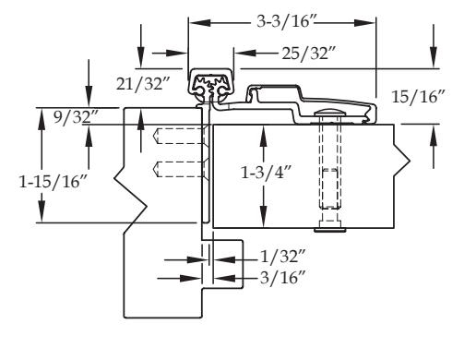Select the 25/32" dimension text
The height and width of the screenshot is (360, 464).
308,54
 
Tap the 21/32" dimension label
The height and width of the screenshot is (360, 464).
143,83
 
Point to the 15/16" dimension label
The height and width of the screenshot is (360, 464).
418,97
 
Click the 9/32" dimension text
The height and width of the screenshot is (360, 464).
76,117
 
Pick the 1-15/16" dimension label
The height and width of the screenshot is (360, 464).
54,181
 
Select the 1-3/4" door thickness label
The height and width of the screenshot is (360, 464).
267,173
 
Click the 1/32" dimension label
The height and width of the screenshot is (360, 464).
283,257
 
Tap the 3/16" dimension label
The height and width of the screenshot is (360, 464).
283,278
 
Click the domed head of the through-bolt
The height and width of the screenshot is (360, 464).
330,112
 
